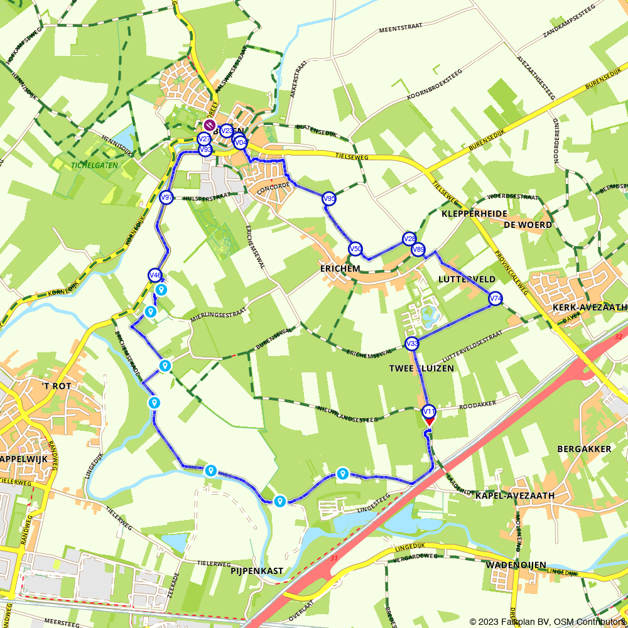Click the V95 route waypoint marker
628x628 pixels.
tap(329, 199)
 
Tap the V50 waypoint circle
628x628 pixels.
tap(355, 249)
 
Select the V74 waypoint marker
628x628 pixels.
tap(495, 299)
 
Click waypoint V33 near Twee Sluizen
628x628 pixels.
tap(412, 344)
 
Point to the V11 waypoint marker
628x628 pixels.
tap(429, 412)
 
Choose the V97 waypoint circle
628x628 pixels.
tap(166, 197)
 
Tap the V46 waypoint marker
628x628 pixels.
tap(155, 275)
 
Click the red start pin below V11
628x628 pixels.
tap(429, 423)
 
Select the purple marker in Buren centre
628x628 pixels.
tap(210, 126)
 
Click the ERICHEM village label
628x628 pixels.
tap(340, 269)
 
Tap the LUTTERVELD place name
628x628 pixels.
tap(467, 279)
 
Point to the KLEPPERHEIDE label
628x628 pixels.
tap(474, 214)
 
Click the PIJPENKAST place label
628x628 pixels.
tap(257, 571)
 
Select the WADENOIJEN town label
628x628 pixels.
tap(516, 565)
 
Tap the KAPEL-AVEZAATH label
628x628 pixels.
tap(515, 495)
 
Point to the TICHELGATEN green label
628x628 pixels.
tap(95, 165)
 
